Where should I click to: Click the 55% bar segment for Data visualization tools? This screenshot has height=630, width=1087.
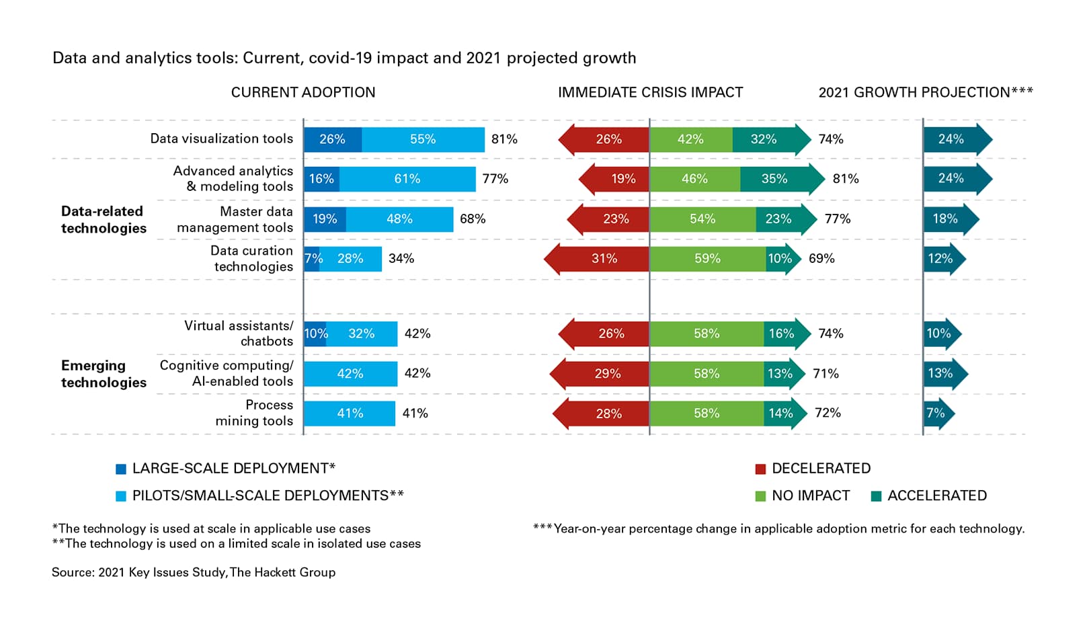(x=423, y=139)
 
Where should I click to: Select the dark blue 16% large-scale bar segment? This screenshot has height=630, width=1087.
(x=321, y=179)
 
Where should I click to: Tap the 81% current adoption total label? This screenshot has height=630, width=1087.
(x=504, y=139)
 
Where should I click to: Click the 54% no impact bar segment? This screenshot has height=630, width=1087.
(x=702, y=219)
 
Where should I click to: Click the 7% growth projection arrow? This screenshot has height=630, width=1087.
(x=937, y=414)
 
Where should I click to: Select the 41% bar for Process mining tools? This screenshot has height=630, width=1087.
(x=350, y=414)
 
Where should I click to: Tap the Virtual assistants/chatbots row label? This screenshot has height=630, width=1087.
(x=239, y=333)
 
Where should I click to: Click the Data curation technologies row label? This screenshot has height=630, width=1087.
(x=251, y=259)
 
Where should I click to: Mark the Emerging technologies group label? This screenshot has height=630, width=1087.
(x=104, y=374)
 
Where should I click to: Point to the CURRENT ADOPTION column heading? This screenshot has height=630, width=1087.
(x=303, y=93)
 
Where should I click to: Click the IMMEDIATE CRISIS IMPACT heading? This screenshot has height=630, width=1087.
(x=650, y=93)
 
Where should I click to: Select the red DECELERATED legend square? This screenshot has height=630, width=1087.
(x=760, y=469)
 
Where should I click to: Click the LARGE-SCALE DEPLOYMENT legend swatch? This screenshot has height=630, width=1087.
(x=121, y=469)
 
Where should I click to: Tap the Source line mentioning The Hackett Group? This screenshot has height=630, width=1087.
(x=194, y=572)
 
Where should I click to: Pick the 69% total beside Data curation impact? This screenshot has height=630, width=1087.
(x=821, y=259)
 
